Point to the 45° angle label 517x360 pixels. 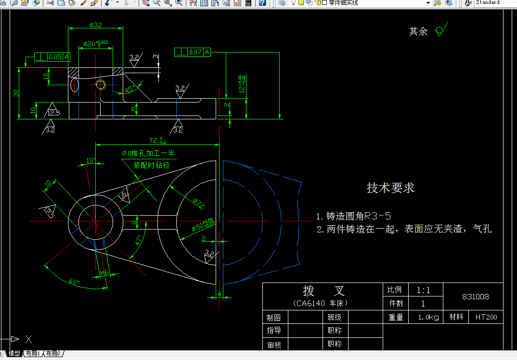[130, 89]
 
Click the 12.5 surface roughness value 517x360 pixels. [53, 113]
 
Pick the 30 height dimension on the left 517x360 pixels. [16, 93]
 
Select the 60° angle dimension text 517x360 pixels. [73, 281]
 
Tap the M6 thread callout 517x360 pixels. [104, 273]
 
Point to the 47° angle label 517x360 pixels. [139, 239]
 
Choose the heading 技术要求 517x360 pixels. [390, 188]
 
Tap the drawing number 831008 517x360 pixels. [475, 296]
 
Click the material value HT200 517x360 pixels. [486, 317]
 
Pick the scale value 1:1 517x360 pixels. [424, 290]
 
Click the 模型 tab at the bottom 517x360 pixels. [14, 353]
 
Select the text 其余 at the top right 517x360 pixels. [418, 31]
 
